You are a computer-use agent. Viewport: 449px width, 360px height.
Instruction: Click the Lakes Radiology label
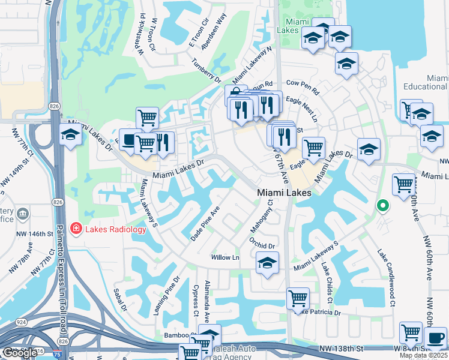click(115, 229)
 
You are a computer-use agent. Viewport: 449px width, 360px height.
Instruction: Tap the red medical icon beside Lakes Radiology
click(76, 229)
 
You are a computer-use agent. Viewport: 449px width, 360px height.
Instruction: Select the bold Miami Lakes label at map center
click(284, 193)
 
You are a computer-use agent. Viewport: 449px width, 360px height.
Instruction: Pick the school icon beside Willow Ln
click(268, 262)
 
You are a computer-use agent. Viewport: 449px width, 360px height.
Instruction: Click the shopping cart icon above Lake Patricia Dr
click(298, 298)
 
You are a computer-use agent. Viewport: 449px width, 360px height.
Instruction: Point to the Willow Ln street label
click(225, 257)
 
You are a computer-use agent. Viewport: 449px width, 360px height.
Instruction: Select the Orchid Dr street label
click(262, 243)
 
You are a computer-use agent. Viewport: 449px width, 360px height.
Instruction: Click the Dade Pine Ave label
click(205, 224)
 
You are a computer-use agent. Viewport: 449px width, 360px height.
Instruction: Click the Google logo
click(20, 353)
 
